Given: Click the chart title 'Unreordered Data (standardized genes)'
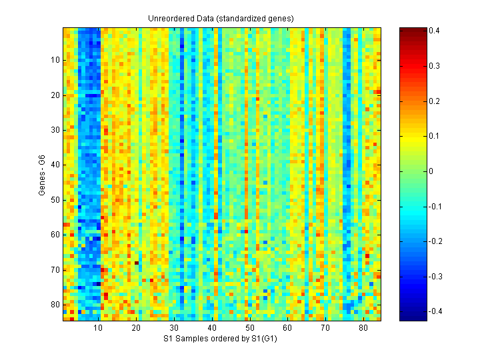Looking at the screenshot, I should (x=221, y=18).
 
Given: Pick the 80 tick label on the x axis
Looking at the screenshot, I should (x=363, y=329).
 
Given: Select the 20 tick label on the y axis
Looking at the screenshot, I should (x=55, y=95).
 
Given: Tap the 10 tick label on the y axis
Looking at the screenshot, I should (x=55, y=60).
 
